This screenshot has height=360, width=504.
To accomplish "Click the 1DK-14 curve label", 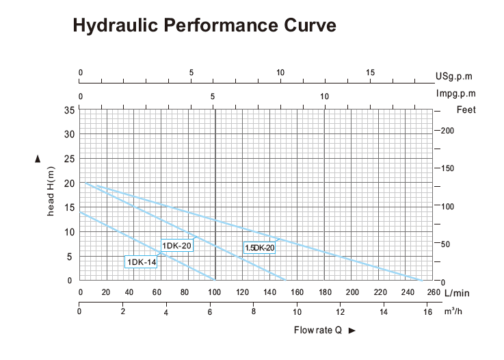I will (x=141, y=261).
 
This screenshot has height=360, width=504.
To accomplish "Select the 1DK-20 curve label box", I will (x=176, y=245).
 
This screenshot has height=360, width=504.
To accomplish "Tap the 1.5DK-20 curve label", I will (x=259, y=248).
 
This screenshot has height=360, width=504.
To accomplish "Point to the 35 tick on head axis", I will (x=68, y=110).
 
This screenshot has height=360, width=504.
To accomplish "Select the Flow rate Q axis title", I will (x=318, y=331).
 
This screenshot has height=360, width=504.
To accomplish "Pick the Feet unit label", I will (x=465, y=110).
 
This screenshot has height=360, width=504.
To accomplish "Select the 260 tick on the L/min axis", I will (x=434, y=292).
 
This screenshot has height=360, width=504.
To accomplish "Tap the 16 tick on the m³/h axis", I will (x=428, y=312).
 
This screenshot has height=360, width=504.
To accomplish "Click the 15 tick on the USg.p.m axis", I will (x=370, y=73).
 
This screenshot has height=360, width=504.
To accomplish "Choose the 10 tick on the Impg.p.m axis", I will (x=325, y=96).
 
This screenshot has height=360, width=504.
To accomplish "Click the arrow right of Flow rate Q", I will (x=352, y=331).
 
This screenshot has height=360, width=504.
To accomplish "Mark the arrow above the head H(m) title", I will (x=38, y=159).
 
